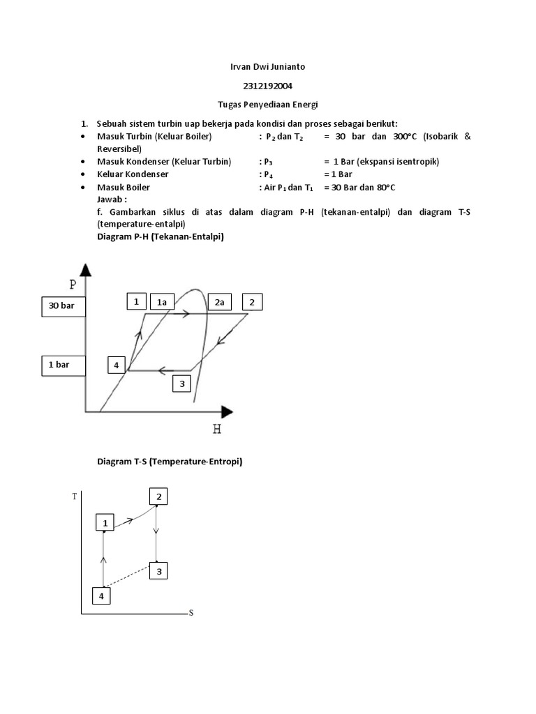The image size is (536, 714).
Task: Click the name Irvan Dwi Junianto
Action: point(268,67)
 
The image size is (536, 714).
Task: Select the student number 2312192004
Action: point(268,86)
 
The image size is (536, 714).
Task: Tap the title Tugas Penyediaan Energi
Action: point(268,105)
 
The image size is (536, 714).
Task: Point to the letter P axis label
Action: point(73,284)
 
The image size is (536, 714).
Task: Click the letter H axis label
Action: point(217,430)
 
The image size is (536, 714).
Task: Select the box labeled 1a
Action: point(162,302)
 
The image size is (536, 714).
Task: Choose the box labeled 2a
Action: point(218,302)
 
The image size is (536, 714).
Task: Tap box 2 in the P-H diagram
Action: point(252,302)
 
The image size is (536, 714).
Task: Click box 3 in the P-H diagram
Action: point(181,383)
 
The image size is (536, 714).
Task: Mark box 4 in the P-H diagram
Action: point(117,365)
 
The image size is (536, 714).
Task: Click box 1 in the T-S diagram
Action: point(105,523)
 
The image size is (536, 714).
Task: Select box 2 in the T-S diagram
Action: point(159,496)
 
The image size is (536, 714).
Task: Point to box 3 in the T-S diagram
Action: point(159,572)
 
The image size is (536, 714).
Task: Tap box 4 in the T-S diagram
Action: point(101,596)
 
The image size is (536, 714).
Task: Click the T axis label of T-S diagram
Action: point(75,496)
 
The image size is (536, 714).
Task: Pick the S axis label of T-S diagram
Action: point(191,613)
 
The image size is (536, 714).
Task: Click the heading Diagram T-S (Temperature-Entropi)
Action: point(169,462)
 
